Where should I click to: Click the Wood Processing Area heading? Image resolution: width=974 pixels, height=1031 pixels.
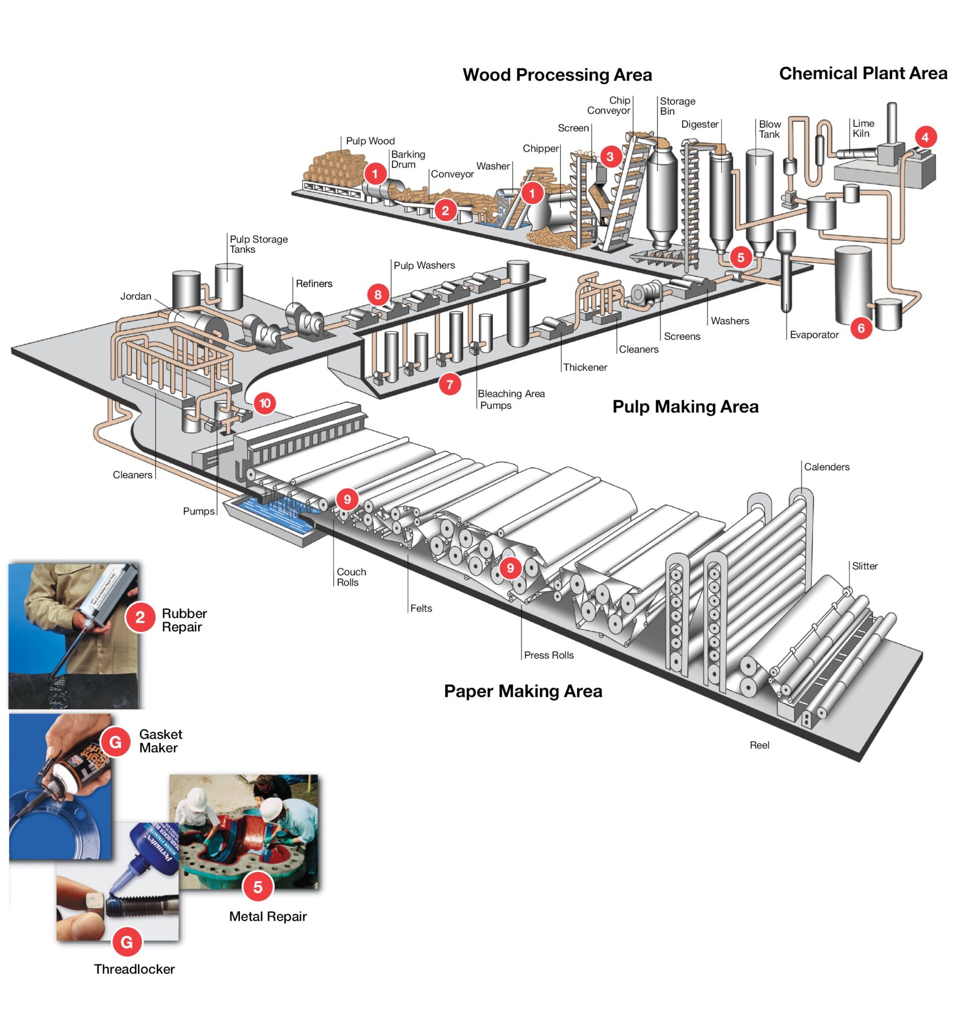click(x=557, y=75)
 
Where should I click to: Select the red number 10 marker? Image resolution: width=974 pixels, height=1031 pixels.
click(x=265, y=403)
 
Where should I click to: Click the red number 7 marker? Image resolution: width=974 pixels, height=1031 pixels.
click(x=450, y=385)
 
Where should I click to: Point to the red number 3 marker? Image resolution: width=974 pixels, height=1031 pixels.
click(x=610, y=157)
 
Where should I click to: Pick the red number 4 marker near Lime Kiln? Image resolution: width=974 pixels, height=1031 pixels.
click(x=925, y=137)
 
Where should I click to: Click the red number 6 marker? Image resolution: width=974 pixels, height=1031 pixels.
click(x=861, y=328)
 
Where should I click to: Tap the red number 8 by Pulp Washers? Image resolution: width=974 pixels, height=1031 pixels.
click(x=378, y=295)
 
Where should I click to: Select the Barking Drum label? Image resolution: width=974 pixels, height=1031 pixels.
click(x=408, y=159)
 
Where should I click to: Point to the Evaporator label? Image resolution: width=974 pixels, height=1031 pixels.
click(x=814, y=335)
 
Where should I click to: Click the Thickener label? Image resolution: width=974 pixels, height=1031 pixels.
click(x=585, y=367)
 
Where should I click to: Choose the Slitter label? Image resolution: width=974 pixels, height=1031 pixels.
click(x=864, y=566)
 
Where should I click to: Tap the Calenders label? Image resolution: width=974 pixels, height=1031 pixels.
click(x=827, y=467)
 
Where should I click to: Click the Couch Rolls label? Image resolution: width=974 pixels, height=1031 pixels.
click(x=351, y=577)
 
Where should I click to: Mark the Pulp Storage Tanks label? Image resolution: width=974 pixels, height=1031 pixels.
click(x=258, y=244)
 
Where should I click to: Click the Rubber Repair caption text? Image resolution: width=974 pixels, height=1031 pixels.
click(x=184, y=620)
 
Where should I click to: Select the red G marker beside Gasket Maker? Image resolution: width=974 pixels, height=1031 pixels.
click(x=115, y=742)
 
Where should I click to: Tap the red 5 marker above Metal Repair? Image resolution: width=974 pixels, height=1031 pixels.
click(x=257, y=887)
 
